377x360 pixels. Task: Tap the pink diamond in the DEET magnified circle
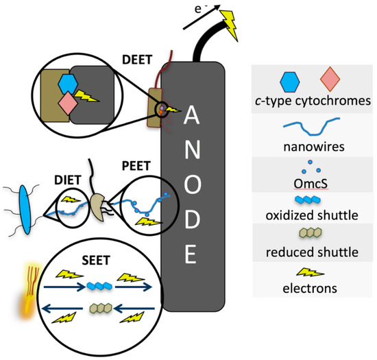[x=69, y=104]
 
